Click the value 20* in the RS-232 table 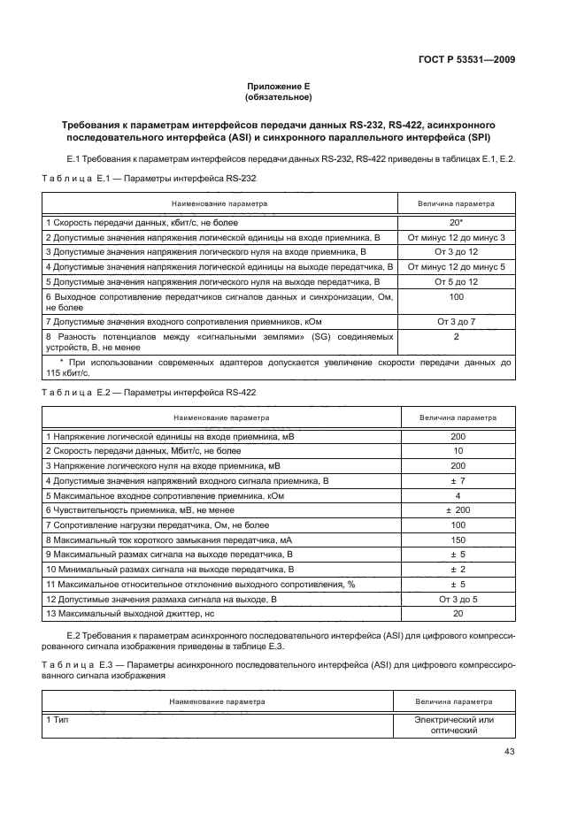point(457,224)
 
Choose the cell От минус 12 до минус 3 point(457,238)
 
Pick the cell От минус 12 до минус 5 point(457,266)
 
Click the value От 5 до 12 point(457,280)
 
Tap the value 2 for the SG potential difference point(457,337)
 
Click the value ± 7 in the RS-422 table point(458,479)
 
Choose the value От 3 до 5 point(458,599)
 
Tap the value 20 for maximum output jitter point(458,613)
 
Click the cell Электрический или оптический point(454,724)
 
